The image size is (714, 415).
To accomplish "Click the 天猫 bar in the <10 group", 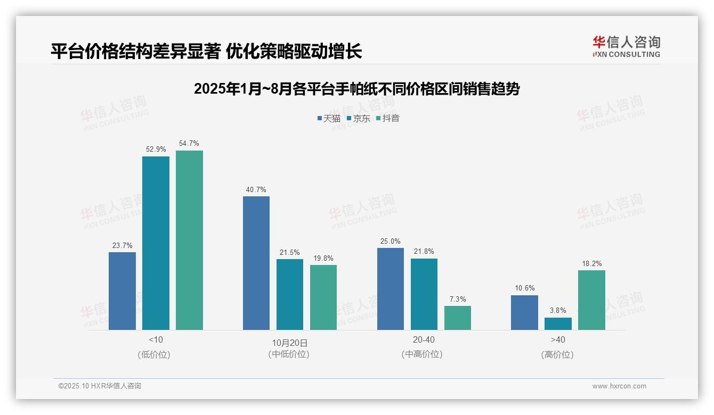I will (122, 291).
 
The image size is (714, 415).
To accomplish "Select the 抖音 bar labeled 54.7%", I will (189, 240).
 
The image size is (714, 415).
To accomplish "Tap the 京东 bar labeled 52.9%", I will (156, 243).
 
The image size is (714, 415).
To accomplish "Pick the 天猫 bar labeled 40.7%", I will (256, 263).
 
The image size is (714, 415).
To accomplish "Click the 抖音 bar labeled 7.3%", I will (458, 318).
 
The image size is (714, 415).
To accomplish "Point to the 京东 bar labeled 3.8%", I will (558, 323).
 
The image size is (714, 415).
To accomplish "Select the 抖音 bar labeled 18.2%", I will (591, 300).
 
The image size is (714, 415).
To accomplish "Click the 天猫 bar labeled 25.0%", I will (391, 289).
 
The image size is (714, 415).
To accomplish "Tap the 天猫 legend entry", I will (329, 118).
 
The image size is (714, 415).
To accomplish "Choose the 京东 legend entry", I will (359, 118).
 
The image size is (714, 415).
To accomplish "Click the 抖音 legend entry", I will (388, 118).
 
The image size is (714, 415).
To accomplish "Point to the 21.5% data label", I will (290, 252).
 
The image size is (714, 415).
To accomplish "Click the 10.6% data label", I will (524, 288).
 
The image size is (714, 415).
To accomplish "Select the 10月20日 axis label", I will (289, 343).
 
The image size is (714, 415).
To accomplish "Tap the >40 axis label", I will (558, 339).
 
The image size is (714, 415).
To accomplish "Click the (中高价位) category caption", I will (421, 354).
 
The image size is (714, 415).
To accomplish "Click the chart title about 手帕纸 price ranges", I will (356, 89).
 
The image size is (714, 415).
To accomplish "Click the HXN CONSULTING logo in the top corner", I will (626, 47).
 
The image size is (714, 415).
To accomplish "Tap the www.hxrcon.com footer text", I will (619, 386).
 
